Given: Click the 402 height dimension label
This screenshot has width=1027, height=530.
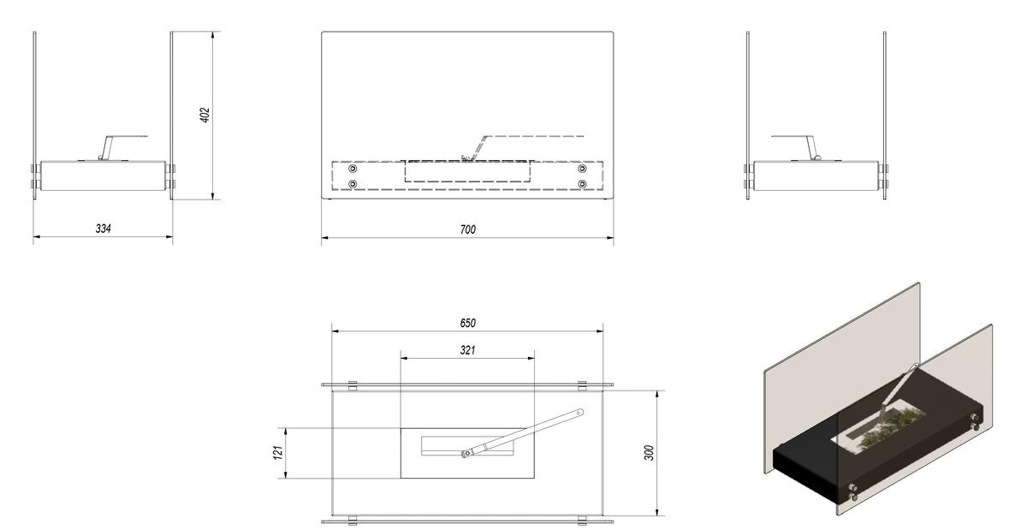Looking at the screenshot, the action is coord(205,115).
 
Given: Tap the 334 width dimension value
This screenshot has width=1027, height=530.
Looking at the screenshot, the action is coord(104,228).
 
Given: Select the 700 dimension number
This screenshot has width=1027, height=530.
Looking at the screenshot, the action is coord(467,229).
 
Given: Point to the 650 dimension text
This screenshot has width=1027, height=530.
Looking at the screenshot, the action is coord(467,323).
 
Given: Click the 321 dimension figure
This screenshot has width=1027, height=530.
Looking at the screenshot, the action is coord(467,350).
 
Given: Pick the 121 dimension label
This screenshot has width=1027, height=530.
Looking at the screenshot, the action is coord(278,452).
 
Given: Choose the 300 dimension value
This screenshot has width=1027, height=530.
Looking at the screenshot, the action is coord(649,452).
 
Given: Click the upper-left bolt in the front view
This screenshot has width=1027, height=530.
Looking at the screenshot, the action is coord(353,169).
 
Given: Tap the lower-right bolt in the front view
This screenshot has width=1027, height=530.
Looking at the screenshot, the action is coord(582,184).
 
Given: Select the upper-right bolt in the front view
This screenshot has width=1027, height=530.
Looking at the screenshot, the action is coord(582,169).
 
